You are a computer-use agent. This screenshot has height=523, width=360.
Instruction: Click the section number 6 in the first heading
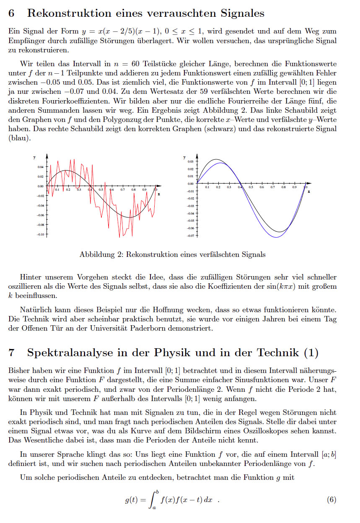12,13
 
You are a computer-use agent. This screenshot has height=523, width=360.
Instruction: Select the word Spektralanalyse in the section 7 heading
71,353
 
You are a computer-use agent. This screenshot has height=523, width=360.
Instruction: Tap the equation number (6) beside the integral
331,500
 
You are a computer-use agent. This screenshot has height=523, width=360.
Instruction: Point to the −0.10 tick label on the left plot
40,234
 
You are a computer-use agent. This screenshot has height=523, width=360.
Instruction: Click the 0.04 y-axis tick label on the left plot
41,167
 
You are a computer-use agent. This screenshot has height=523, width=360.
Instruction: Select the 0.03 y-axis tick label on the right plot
191,161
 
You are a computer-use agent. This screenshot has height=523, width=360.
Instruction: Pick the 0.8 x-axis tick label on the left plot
133,190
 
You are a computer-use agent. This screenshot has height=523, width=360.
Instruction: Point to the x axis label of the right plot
308,192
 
